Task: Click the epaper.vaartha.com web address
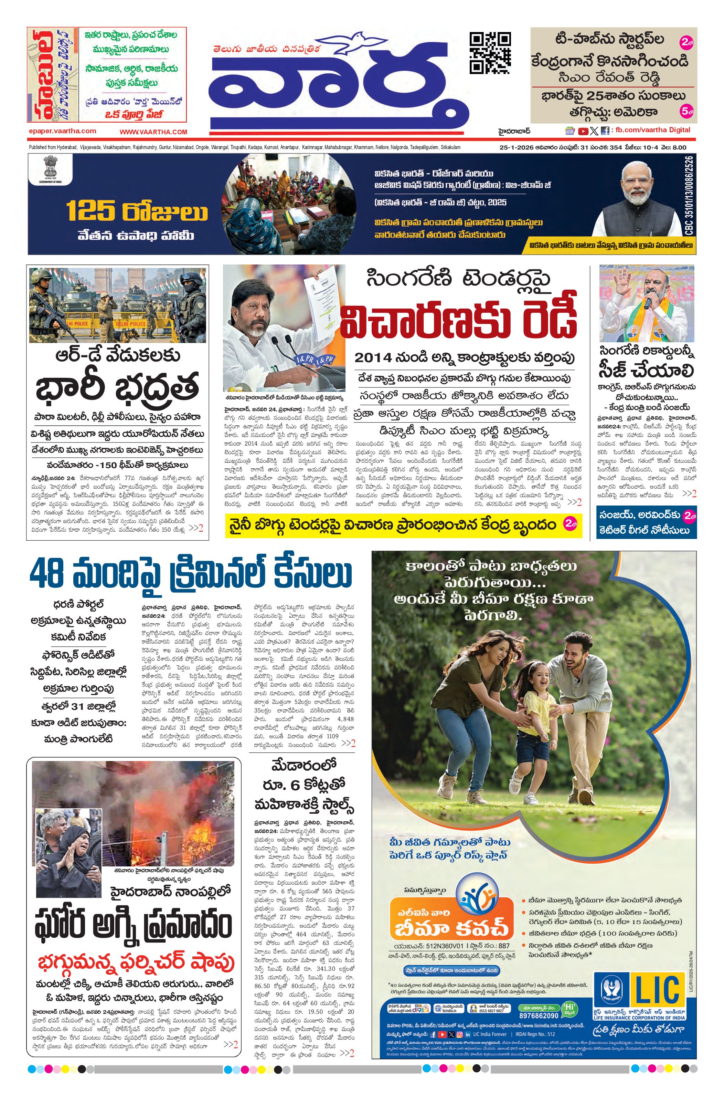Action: click(62, 131)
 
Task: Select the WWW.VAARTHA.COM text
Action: click(153, 132)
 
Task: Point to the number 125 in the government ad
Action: click(90, 211)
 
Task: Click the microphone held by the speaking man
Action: click(649, 303)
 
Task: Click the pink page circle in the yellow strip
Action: click(569, 524)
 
